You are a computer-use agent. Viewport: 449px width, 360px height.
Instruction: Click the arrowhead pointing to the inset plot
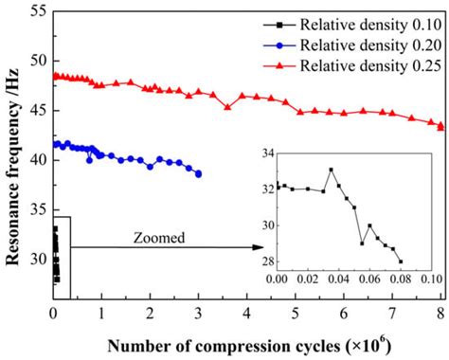(x=258, y=247)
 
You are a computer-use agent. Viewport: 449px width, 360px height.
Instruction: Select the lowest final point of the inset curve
(x=400, y=261)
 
